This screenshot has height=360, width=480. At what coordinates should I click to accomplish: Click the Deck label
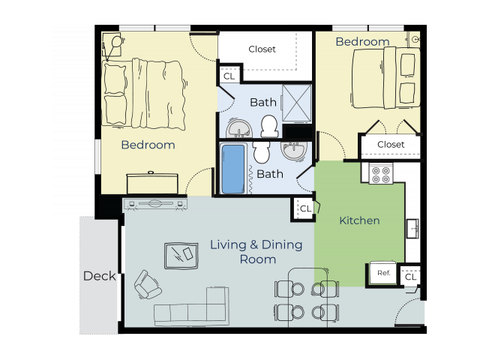[100, 276]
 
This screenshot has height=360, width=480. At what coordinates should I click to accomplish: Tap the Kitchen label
[359, 220]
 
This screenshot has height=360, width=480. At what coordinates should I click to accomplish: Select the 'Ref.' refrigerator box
[383, 273]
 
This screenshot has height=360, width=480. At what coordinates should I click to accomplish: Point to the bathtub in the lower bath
[234, 169]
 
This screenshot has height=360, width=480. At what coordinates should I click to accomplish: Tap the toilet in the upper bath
[269, 127]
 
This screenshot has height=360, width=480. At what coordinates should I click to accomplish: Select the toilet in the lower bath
[261, 152]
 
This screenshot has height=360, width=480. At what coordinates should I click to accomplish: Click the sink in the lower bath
[294, 151]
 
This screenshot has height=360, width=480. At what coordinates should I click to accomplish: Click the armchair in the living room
[147, 285]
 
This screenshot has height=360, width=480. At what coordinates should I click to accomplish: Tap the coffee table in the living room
[181, 254]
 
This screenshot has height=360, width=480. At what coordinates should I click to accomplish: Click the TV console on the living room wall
[155, 204]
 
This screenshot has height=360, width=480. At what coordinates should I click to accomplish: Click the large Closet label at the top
[262, 49]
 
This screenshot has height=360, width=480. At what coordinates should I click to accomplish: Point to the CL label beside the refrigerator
[410, 277]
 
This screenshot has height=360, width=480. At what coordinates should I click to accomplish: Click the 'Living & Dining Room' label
[256, 252]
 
